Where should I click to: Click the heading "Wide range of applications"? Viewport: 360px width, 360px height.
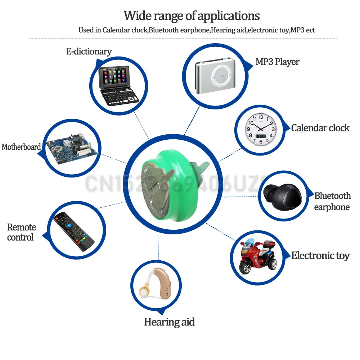click(x=192, y=16)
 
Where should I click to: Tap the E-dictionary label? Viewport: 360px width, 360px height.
click(x=89, y=51)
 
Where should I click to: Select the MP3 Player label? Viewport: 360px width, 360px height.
click(x=277, y=62)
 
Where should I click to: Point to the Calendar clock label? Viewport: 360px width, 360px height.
click(x=320, y=128)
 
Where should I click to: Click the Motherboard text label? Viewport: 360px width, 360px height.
click(x=21, y=147)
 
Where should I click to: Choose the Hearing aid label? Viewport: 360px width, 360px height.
click(x=169, y=321)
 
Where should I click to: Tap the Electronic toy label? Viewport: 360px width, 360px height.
click(x=320, y=256)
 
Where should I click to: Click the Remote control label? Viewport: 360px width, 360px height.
click(x=22, y=232)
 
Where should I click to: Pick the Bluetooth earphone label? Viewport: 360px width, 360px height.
click(x=332, y=201)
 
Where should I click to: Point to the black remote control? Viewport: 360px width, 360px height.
click(x=73, y=232)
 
